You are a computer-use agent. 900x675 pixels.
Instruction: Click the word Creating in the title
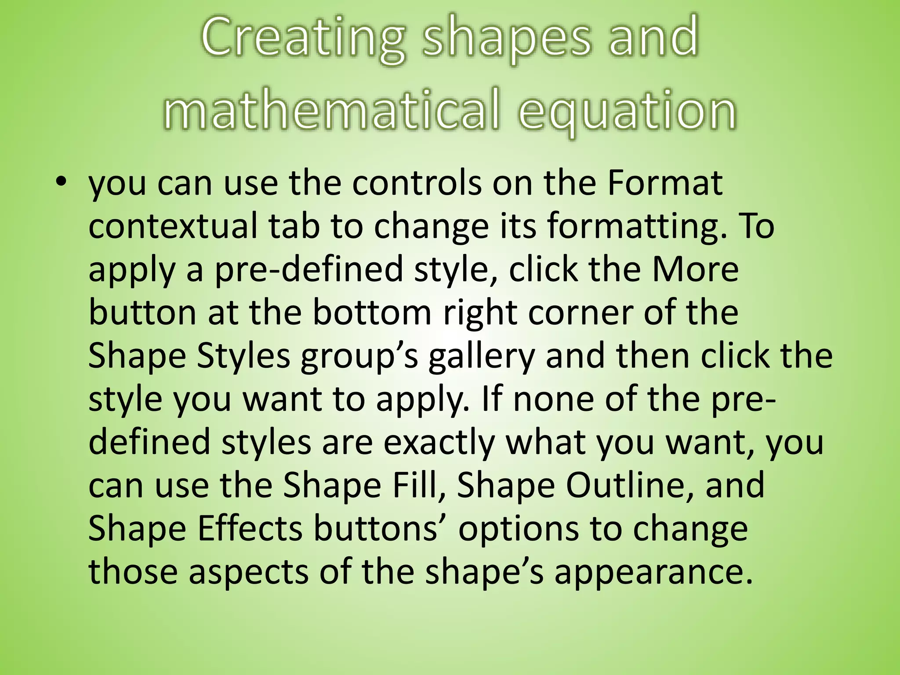303,37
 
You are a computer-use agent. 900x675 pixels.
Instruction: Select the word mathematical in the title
332,110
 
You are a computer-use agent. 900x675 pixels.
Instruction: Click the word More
695,269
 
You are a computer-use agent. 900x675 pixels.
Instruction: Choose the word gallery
482,356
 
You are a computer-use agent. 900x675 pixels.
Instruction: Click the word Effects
250,528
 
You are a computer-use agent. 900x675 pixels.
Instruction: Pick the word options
519,529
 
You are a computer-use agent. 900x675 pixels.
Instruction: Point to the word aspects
249,572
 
